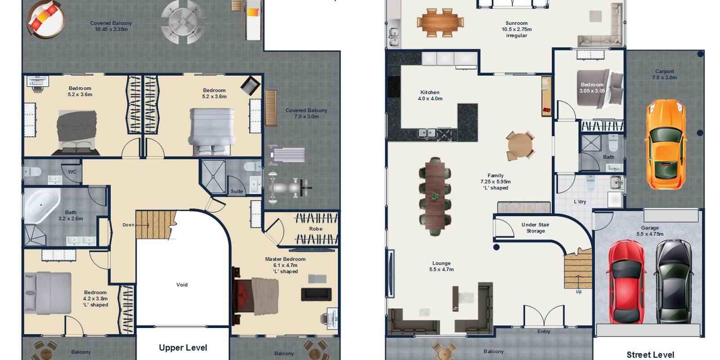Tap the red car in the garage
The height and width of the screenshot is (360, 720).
click(x=626, y=282)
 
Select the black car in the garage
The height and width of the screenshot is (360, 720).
click(x=673, y=282)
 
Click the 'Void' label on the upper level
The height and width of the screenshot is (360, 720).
click(x=182, y=285)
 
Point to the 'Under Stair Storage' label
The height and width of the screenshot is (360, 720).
click(x=535, y=228)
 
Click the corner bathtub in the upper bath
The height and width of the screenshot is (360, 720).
click(x=42, y=206)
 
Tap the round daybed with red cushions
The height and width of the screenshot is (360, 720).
click(x=45, y=19)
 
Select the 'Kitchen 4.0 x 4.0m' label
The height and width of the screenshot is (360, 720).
click(x=430, y=95)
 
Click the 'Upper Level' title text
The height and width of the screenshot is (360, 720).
click(x=183, y=347)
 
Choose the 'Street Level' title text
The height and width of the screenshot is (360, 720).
click(x=650, y=355)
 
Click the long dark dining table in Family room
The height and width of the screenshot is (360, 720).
click(x=435, y=196)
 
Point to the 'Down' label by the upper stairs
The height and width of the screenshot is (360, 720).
click(x=128, y=225)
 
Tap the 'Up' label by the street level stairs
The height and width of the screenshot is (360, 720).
click(x=579, y=292)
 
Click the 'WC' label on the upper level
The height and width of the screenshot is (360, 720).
click(x=72, y=172)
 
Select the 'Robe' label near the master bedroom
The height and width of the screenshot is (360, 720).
click(x=315, y=229)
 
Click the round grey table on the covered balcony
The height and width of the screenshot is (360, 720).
click(x=183, y=22)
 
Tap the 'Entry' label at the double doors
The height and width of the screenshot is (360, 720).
click(x=544, y=331)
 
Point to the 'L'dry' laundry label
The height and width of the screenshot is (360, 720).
click(x=580, y=202)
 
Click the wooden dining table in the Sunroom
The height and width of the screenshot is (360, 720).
click(x=440, y=22)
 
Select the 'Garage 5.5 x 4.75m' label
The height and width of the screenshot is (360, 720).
click(x=650, y=231)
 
